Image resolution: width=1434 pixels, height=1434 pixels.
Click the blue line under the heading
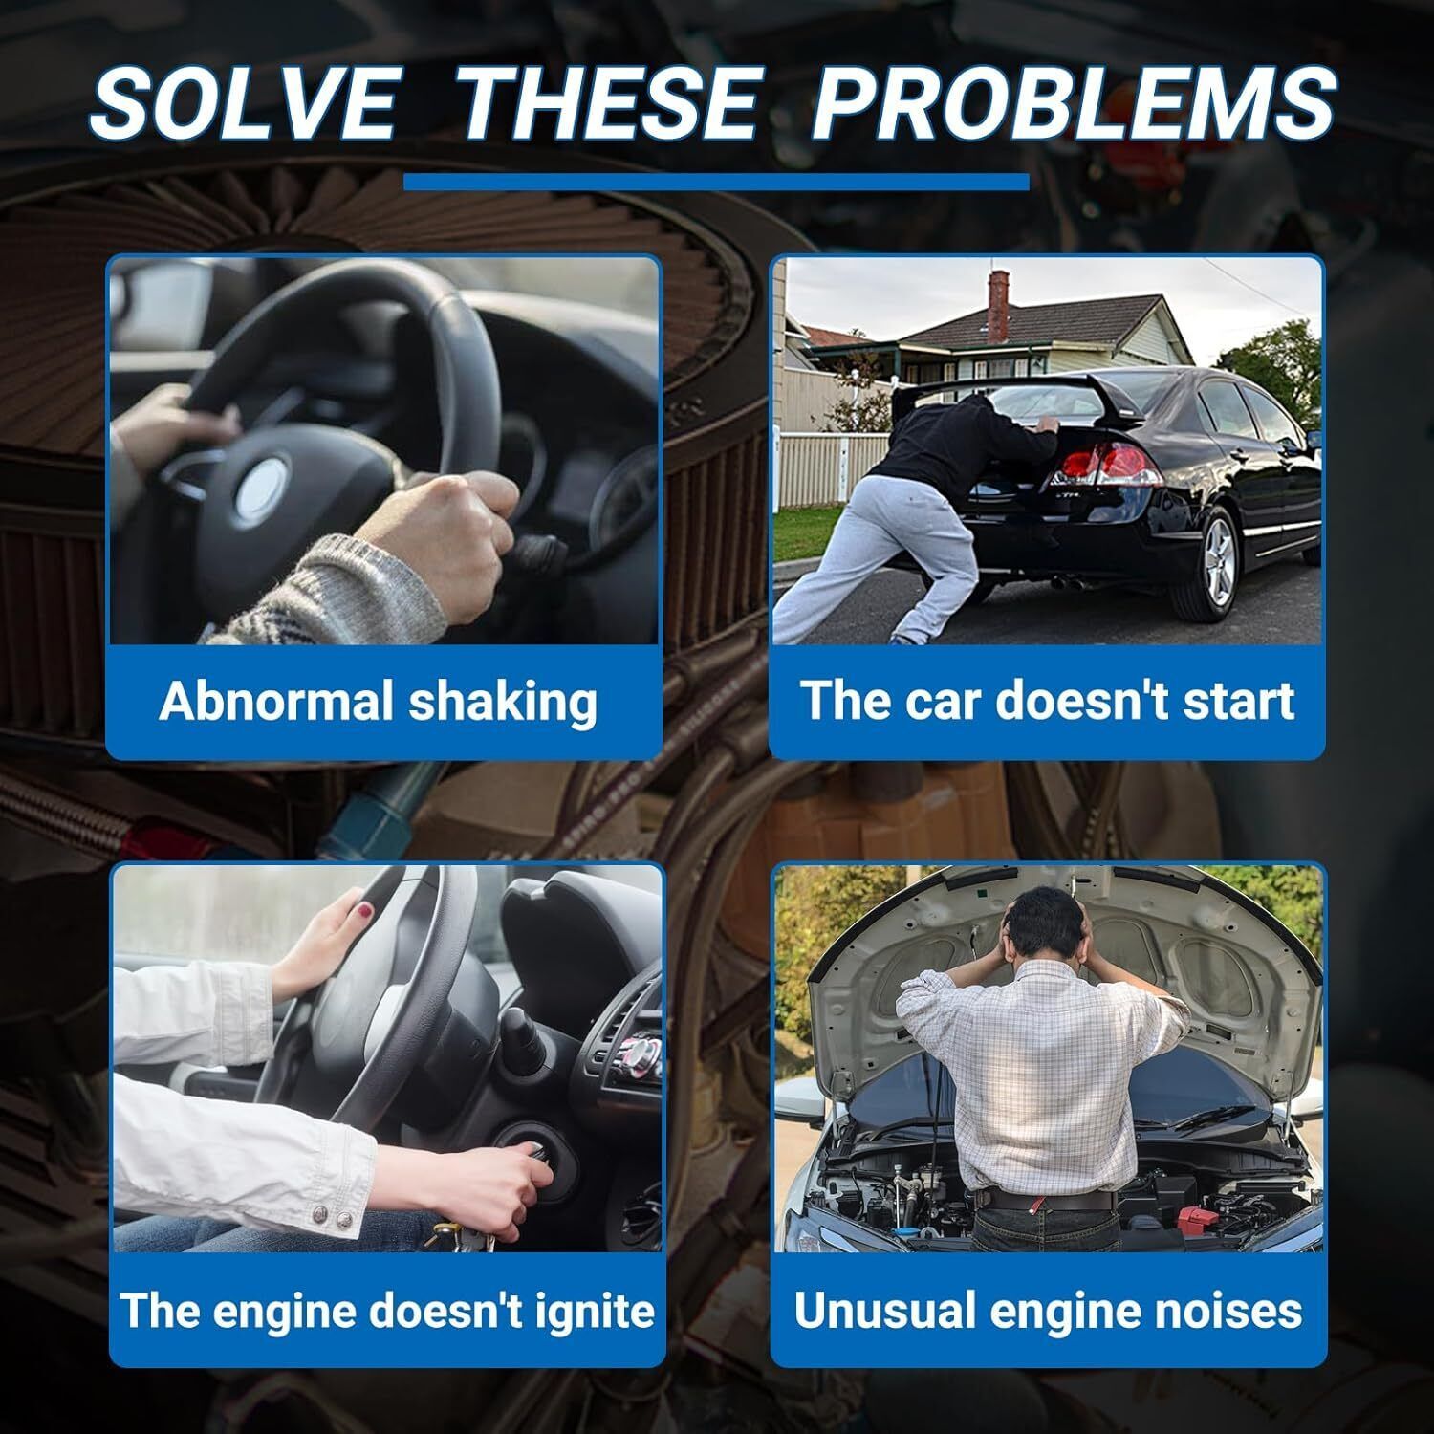(x=716, y=182)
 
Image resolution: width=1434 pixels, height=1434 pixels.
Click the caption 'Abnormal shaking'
(x=379, y=701)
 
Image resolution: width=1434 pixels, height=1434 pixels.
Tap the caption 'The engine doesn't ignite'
(x=387, y=1310)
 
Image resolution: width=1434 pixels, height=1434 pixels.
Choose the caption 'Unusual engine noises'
(x=1048, y=1310)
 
